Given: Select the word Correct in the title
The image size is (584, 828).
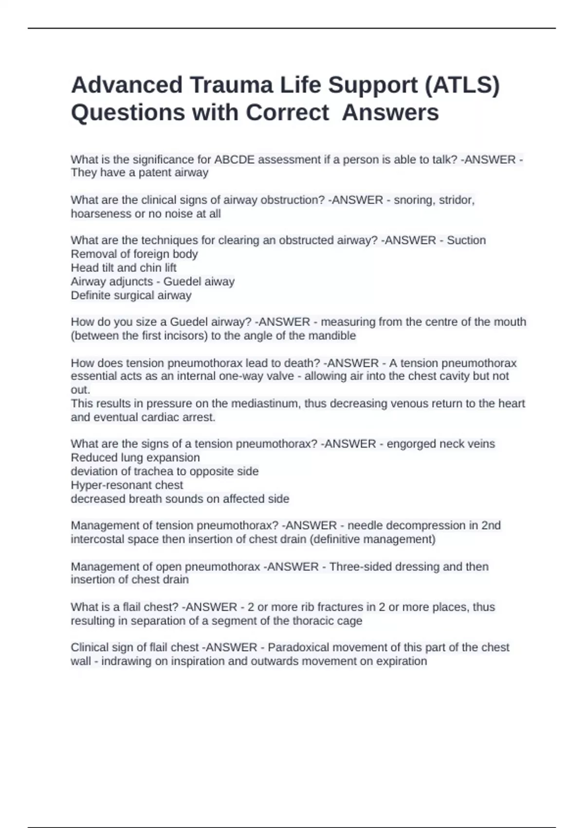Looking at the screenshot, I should coord(287,113).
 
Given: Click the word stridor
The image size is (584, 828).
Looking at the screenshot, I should coord(456,200).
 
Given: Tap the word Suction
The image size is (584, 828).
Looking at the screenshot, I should coord(466,241).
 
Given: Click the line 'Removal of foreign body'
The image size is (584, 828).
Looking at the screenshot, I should coord(134,254).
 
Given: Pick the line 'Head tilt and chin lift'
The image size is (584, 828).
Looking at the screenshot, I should coord(124,268).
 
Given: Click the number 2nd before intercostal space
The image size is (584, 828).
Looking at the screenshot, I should coord(491,526).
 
